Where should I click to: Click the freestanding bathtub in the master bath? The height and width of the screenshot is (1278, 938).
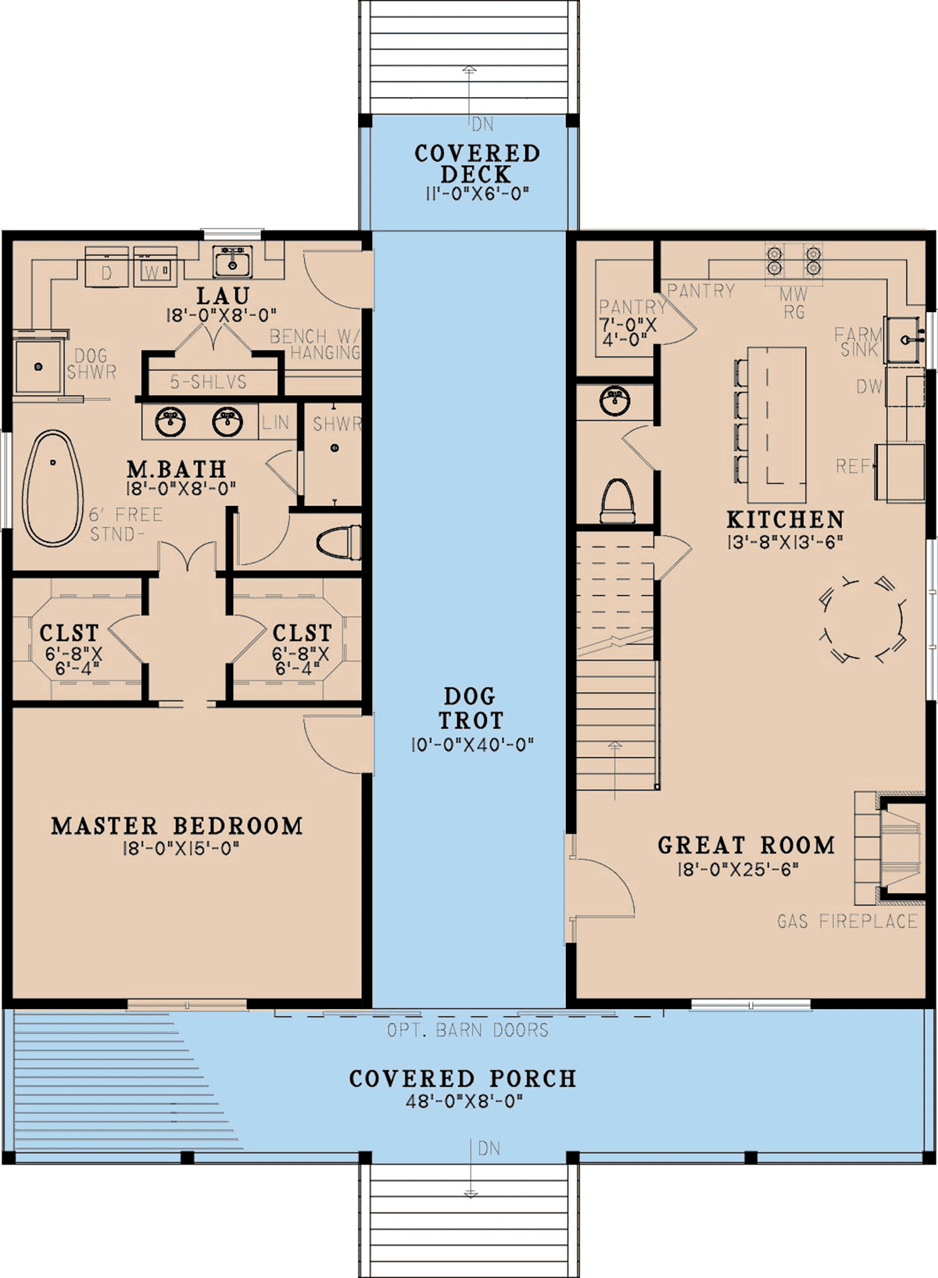[x=52, y=488]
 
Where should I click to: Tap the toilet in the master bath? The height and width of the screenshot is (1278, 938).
[x=338, y=543]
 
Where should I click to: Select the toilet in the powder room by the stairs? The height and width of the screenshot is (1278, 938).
[x=617, y=501]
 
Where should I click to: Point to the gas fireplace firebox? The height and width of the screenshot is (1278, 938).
[x=901, y=848]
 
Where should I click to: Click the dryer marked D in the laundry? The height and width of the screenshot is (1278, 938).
[x=106, y=267]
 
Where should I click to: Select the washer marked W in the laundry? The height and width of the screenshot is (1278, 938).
[x=155, y=267]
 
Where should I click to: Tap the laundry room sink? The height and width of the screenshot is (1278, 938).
[x=232, y=261]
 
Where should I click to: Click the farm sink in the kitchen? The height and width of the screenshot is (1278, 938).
[x=903, y=340]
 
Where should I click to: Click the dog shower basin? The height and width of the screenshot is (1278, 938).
[x=38, y=366]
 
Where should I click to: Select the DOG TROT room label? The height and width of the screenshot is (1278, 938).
[x=471, y=708]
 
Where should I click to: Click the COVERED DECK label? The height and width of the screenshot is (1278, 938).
[x=478, y=163]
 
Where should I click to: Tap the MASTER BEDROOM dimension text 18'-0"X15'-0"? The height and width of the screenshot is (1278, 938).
[x=181, y=849]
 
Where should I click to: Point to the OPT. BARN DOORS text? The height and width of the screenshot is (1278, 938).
[x=467, y=1030]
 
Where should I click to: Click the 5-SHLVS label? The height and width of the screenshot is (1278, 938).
[x=208, y=382]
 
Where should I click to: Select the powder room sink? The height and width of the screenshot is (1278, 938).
[x=615, y=401]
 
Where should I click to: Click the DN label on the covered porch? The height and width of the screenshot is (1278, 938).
[x=489, y=1148]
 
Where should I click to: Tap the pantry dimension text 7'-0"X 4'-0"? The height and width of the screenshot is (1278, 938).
[x=628, y=332]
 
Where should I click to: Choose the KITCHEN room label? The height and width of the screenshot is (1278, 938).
[x=785, y=519]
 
